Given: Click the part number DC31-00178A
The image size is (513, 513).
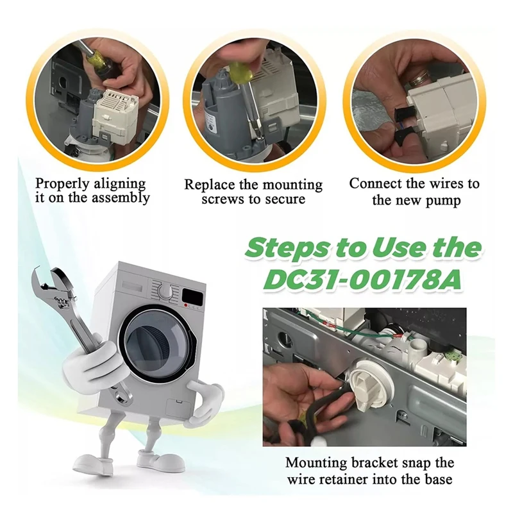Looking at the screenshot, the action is click(x=362, y=279).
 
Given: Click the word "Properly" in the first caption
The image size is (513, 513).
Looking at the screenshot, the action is click(x=62, y=184).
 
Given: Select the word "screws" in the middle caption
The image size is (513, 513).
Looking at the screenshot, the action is click(x=223, y=199).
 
